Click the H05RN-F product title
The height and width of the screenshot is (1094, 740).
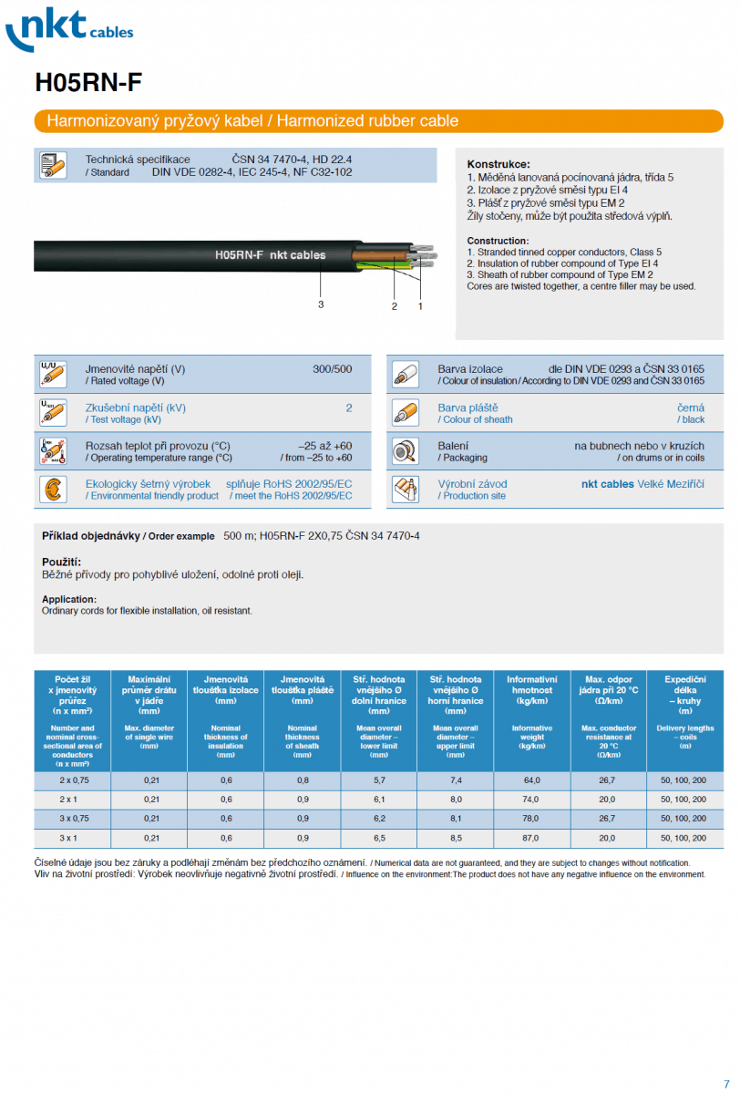pyautogui.click(x=88, y=83)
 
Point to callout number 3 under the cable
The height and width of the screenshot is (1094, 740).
pyautogui.click(x=321, y=304)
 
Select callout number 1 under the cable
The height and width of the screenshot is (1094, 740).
pyautogui.click(x=420, y=306)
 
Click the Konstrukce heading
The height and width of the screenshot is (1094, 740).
pyautogui.click(x=498, y=164)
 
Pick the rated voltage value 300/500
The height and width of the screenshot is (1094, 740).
pyautogui.click(x=332, y=369)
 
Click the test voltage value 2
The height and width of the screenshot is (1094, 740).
pyautogui.click(x=348, y=408)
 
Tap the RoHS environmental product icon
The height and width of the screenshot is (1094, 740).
pyautogui.click(x=52, y=490)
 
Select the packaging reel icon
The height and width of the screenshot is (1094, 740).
pyautogui.click(x=405, y=451)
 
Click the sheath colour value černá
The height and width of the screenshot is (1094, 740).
pyautogui.click(x=691, y=408)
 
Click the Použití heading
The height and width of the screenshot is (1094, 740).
pyautogui.click(x=61, y=562)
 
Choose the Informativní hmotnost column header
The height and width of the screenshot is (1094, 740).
pyautogui.click(x=531, y=691)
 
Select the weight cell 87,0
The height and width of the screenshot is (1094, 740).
pyautogui.click(x=531, y=838)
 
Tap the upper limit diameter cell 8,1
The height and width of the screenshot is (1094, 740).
pyautogui.click(x=455, y=819)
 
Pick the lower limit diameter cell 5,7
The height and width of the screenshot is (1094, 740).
pyautogui.click(x=378, y=780)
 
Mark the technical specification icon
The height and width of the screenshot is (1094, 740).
pyautogui.click(x=52, y=165)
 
